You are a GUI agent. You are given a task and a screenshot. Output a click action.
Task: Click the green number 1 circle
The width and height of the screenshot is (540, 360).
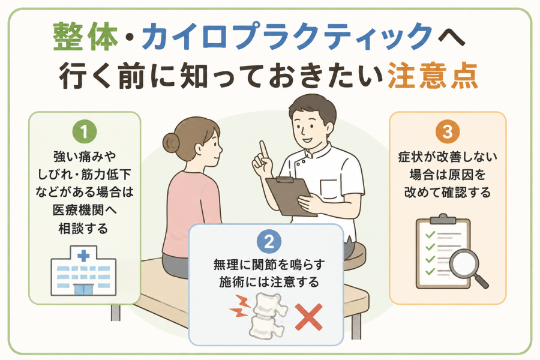coord(85,131)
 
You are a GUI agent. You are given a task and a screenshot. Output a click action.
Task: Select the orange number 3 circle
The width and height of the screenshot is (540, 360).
coord(448,131)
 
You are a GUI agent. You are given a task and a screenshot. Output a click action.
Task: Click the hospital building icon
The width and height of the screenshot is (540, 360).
coord(83,271)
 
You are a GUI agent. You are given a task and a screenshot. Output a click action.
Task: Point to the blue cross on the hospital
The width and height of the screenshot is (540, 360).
coord(83,256)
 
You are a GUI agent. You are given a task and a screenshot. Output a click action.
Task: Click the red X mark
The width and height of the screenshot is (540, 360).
coord(309,317)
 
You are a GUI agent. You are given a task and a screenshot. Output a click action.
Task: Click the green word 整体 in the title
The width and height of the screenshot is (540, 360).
coord(85,36)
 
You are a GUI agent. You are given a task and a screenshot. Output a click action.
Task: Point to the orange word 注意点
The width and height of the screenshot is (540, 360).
coord(433,76)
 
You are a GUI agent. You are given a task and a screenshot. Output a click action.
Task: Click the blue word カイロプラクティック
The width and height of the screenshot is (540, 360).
coord(287,36)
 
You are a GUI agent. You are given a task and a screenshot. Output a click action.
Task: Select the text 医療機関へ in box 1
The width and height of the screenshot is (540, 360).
coord(85,210)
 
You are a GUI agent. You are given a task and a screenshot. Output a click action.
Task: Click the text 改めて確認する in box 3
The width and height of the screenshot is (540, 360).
coord(448,192)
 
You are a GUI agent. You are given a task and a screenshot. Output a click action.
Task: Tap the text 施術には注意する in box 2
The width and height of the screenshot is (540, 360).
coord(269,282)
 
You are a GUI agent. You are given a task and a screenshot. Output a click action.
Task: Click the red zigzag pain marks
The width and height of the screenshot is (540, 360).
coord(241,306)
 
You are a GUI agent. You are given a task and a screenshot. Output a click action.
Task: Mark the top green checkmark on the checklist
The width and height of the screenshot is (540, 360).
coord(430,235)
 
